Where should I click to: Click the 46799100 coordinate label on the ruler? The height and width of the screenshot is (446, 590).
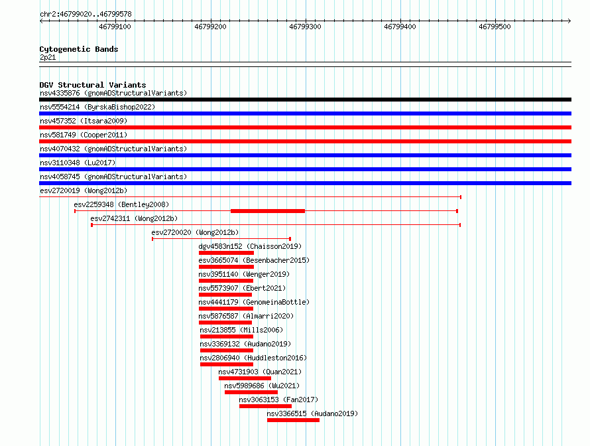[115, 27]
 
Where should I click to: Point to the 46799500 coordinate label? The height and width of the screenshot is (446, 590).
[495, 27]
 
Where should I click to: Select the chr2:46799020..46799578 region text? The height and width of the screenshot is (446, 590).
[86, 15]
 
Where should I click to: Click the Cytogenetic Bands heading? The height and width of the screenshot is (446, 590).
[79, 49]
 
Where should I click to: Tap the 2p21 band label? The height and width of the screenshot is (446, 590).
[48, 57]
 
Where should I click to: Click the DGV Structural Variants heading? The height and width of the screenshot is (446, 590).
[93, 85]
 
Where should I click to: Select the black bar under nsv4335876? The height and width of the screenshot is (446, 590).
[305, 100]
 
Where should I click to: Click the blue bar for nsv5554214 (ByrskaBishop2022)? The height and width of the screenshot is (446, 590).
[305, 113]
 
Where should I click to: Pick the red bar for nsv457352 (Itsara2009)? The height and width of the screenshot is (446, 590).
[305, 127]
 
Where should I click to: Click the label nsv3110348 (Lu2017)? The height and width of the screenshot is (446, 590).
[78, 163]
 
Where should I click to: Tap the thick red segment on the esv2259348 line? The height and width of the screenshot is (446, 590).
[268, 211]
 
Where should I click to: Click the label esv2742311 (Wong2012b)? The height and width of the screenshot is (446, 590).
[134, 218]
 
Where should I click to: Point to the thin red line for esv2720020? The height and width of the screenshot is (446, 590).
[221, 239]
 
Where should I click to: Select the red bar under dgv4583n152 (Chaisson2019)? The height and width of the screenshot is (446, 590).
[226, 253]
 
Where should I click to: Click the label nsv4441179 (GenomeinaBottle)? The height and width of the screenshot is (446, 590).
[254, 302]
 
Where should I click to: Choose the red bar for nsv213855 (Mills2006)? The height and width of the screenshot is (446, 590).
[227, 336]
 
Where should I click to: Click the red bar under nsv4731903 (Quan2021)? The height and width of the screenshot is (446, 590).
[245, 378]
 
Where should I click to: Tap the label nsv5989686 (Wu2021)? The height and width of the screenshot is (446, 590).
[262, 386]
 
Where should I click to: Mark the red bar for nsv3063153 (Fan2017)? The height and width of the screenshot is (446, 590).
[265, 406]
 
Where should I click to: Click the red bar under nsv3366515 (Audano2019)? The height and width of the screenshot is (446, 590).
[293, 420]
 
